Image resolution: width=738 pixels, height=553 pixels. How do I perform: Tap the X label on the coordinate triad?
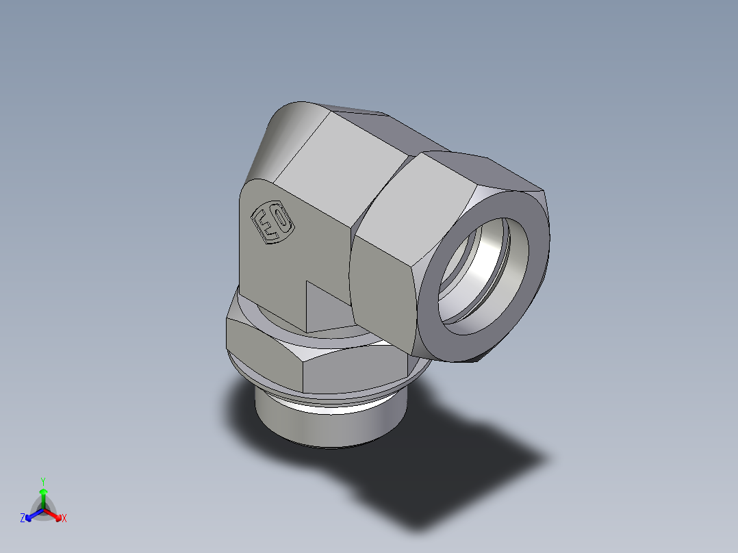click(x=64, y=519)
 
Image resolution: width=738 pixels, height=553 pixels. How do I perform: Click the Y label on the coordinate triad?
click(x=43, y=481)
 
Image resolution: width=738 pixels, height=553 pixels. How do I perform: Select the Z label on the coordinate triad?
click(x=23, y=519)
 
